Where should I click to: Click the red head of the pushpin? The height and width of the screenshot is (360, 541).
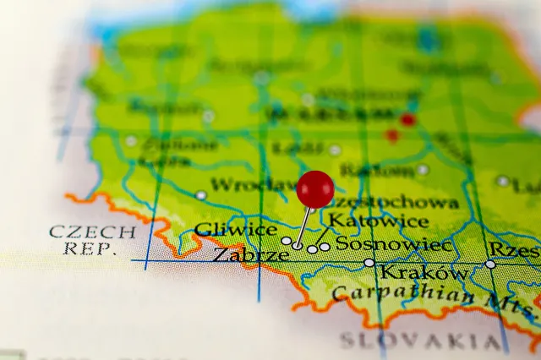(x=315, y=188)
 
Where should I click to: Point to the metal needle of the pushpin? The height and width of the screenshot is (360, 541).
(x=303, y=226)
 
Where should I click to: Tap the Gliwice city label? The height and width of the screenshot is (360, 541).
(x=235, y=230)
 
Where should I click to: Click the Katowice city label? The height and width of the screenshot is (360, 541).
(x=378, y=221)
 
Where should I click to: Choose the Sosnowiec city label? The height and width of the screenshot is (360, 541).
(x=393, y=244)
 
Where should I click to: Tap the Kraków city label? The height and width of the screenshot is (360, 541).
(x=423, y=272)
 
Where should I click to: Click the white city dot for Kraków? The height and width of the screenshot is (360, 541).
(x=369, y=263)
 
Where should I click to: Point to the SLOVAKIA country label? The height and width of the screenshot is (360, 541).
(x=419, y=341)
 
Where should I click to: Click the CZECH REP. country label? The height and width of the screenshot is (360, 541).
(x=81, y=240)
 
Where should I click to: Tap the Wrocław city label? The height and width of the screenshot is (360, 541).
(x=253, y=184)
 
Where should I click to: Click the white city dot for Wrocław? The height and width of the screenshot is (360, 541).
(x=201, y=195)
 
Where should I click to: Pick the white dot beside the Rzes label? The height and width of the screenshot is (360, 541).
(x=490, y=265)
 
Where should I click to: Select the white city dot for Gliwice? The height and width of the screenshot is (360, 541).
(x=287, y=241)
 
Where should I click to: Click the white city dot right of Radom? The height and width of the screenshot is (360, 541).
(x=423, y=170)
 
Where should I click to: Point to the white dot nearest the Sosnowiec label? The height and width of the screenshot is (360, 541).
(x=325, y=247)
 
